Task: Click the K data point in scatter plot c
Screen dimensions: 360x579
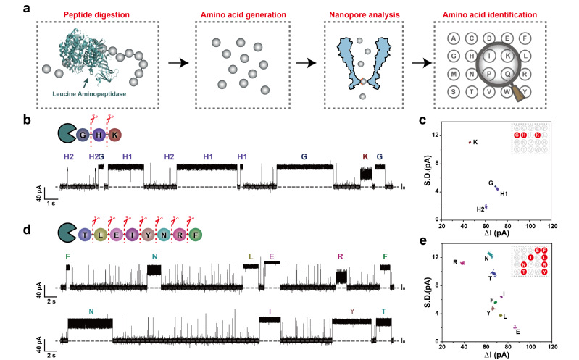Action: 470,142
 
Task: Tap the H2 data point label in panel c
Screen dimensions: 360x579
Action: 480,209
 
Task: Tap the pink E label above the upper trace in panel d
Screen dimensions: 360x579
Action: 271,257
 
